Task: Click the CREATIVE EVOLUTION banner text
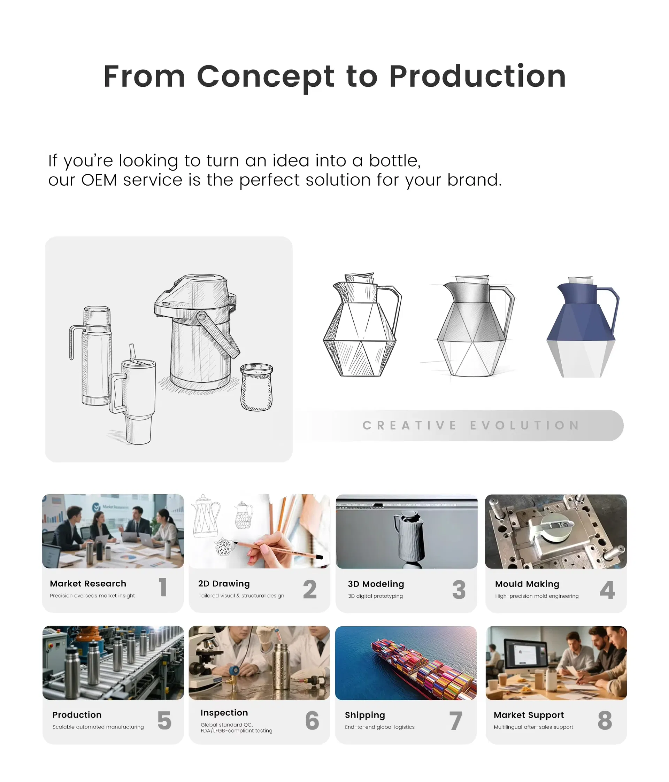point(471,425)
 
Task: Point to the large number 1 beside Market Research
point(163,588)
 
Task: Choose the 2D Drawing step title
point(224,583)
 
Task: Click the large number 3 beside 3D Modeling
point(459,589)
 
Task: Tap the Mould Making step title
point(527,584)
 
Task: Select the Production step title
point(77,715)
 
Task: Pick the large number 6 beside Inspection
point(312,720)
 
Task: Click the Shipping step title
point(365,715)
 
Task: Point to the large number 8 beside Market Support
point(605,720)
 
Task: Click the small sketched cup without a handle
point(256,387)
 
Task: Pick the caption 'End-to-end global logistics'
point(379,727)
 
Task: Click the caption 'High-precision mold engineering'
point(537,596)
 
